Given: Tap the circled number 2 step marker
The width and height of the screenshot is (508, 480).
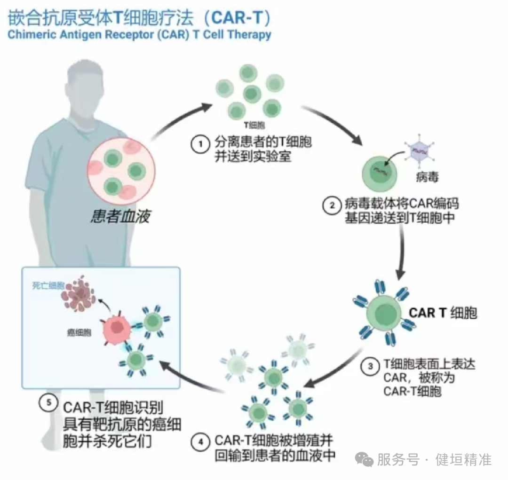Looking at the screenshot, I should [332, 205].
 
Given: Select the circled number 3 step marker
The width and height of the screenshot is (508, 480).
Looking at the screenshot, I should [371, 366].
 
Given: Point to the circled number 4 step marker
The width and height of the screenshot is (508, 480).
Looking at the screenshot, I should [201, 442].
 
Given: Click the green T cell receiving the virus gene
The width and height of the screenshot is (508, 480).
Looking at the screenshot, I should [379, 171].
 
